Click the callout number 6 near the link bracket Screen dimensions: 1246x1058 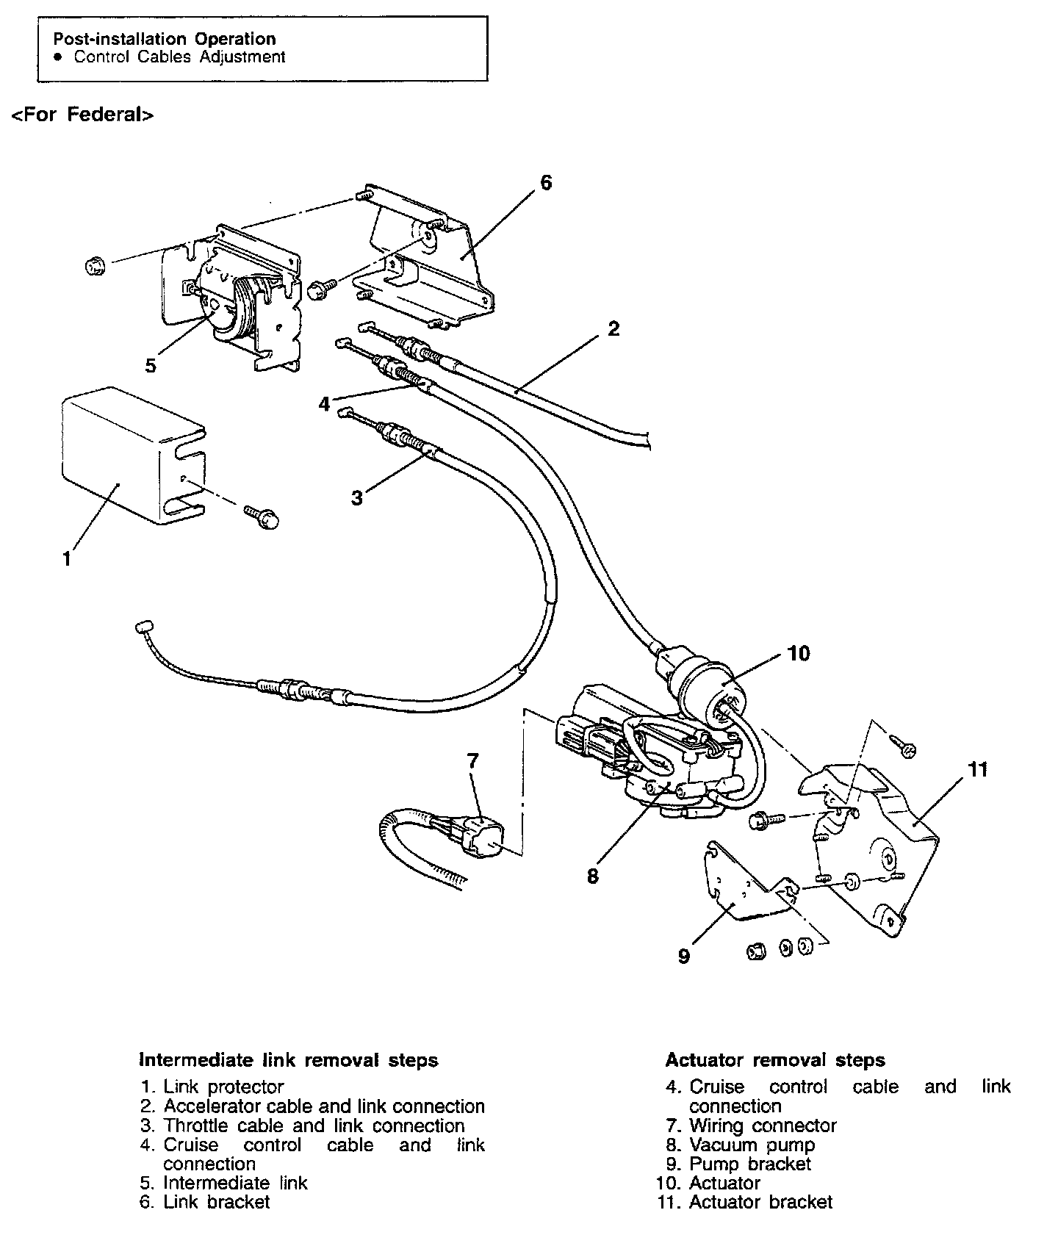[545, 182]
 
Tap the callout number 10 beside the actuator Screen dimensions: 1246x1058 [798, 652]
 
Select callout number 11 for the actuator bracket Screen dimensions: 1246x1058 [977, 770]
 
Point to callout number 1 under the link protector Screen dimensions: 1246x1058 [67, 559]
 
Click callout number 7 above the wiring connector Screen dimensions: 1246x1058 [472, 760]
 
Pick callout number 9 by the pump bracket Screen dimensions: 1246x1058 [684, 956]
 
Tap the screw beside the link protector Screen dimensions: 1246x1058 [263, 516]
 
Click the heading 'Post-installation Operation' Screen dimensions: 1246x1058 [165, 39]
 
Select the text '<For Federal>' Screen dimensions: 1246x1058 [82, 115]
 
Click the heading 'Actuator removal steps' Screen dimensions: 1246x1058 [775, 1060]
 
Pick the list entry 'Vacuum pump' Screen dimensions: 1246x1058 [752, 1145]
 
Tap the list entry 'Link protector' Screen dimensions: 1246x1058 [223, 1087]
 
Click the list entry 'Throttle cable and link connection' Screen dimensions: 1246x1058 [314, 1126]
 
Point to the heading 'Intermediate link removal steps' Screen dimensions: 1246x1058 [289, 1060]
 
